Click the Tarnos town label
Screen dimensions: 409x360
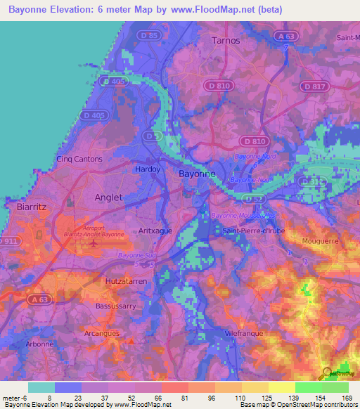click(x=226, y=40)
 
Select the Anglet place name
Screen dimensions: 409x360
click(x=108, y=197)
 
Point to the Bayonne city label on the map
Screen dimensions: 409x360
click(x=198, y=173)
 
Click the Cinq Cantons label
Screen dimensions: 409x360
click(x=79, y=159)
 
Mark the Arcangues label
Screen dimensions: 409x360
click(x=102, y=332)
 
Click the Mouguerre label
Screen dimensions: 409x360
click(x=320, y=240)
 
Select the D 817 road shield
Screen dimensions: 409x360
click(x=314, y=86)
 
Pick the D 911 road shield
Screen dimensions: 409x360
click(x=8, y=241)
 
